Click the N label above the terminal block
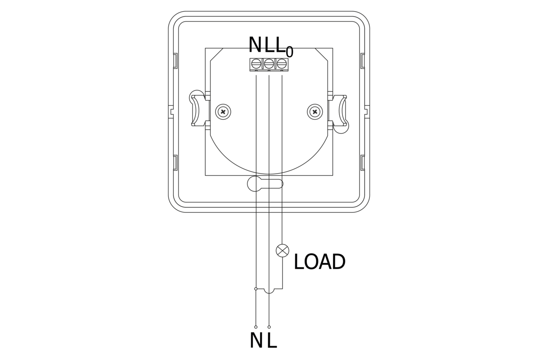[x=255, y=45]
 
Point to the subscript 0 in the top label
[x=289, y=51]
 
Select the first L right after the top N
[x=269, y=45]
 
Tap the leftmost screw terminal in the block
[x=256, y=63]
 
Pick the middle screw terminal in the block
[x=269, y=63]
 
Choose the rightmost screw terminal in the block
[x=281, y=63]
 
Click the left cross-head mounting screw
[x=223, y=111]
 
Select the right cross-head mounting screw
[x=315, y=111]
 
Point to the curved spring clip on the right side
[x=342, y=111]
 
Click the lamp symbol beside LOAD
[x=282, y=251]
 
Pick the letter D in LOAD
[x=338, y=262]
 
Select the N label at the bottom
[x=256, y=341]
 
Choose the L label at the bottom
[x=271, y=341]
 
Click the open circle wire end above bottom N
[x=256, y=327]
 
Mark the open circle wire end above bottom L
[x=269, y=327]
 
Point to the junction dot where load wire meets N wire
[x=256, y=288]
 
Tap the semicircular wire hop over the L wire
[x=269, y=292]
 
